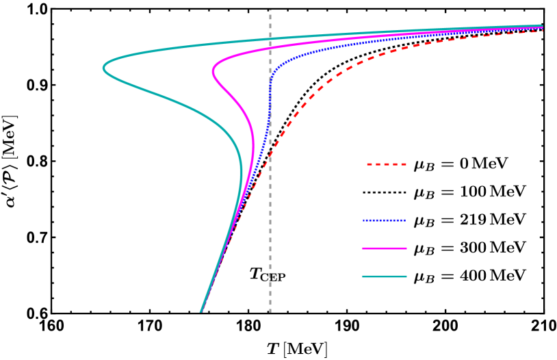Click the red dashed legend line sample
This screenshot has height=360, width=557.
[387, 164]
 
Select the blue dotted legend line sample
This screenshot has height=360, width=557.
[384, 220]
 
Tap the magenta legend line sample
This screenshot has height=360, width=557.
[385, 248]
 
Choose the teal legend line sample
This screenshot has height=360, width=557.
[385, 277]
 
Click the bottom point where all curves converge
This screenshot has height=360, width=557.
[201, 311]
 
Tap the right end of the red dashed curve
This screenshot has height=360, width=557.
[542, 31]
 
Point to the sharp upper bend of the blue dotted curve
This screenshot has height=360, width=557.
[276, 68]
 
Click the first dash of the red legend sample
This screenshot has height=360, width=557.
[370, 164]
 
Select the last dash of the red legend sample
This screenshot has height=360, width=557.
[404, 164]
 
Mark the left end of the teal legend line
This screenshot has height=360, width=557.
[363, 277]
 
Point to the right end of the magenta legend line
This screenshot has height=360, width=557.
[406, 248]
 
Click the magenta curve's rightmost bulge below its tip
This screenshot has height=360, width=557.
[253, 147]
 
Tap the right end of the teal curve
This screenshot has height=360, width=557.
[542, 26]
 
